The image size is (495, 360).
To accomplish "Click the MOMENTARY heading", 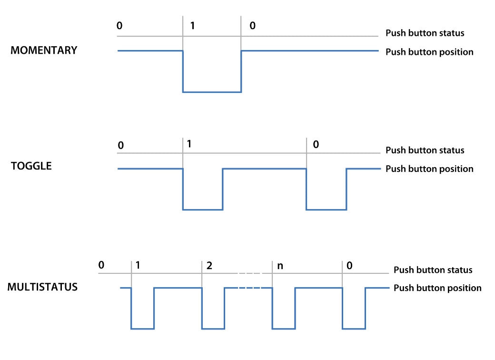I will tap(44, 50).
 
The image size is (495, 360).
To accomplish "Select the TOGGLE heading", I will tap(31, 167).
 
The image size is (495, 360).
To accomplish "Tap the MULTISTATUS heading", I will tap(42, 287).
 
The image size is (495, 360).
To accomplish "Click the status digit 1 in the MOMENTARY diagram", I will tap(192, 25).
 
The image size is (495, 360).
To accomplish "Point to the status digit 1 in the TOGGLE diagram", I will tap(189, 143).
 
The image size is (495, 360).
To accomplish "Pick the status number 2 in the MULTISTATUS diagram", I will tap(209, 265).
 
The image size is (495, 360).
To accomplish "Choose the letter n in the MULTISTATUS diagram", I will tap(280, 265).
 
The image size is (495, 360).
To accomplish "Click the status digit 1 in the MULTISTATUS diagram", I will tap(138, 265).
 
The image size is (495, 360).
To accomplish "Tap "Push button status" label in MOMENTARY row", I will tap(425, 33).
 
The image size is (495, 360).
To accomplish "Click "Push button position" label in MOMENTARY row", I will tap(429, 52).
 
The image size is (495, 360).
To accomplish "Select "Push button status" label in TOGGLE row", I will tap(425, 150).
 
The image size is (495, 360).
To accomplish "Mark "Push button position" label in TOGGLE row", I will tap(429, 169).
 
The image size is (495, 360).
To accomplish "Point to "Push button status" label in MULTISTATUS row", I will tap(433, 270).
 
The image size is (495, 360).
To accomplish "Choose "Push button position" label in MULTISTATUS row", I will tap(437, 288).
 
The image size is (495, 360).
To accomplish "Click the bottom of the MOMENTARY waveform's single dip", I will tap(212, 92).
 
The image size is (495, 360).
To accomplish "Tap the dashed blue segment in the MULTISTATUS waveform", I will tap(249, 288).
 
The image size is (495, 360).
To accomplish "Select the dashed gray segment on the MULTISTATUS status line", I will tap(249, 273).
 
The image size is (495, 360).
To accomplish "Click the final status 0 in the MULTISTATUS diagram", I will tap(350, 265).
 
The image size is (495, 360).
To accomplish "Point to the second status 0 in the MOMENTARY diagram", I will tap(252, 25).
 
